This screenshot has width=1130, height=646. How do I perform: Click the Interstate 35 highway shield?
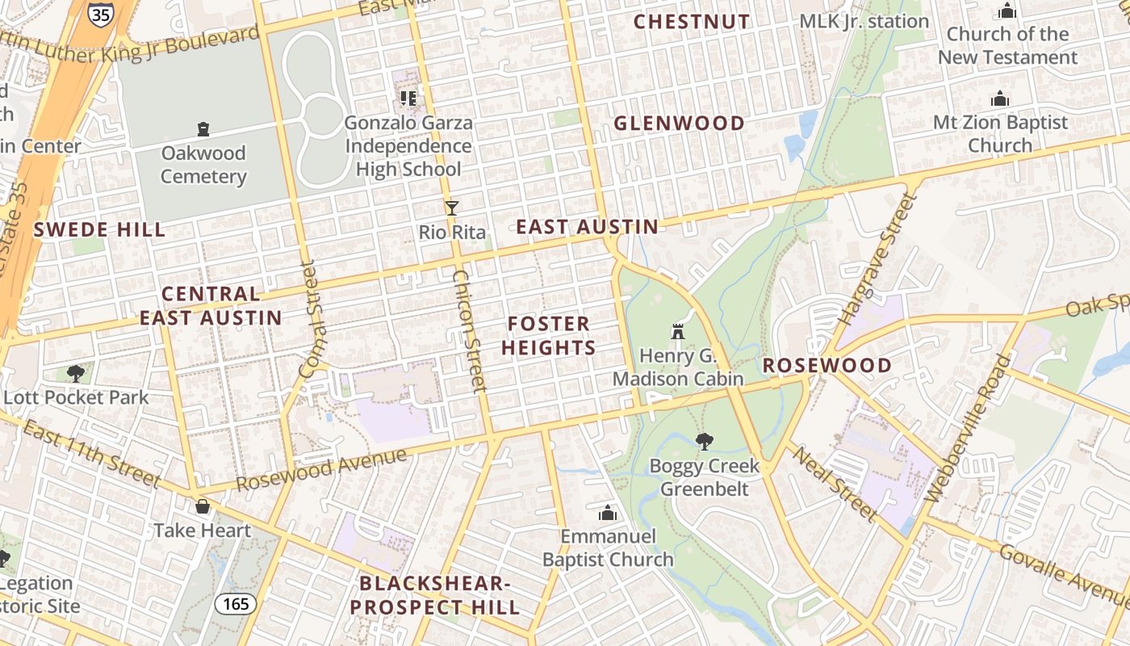[x=100, y=14]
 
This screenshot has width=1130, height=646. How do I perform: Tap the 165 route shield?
[x=236, y=603]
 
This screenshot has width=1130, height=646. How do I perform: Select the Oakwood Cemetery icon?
[x=203, y=129]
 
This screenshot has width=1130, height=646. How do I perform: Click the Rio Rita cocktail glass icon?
[x=452, y=208]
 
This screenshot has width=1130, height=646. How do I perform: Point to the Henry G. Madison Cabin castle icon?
[x=678, y=332]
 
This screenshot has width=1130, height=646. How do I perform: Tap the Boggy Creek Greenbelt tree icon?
[x=705, y=441]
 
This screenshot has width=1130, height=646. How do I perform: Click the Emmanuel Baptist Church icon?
[x=608, y=513]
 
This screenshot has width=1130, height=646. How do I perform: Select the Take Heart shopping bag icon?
[x=203, y=506]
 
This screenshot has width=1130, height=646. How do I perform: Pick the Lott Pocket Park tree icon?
[x=76, y=373]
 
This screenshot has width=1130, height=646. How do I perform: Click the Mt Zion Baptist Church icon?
[x=1000, y=99]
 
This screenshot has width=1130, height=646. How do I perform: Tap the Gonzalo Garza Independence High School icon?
[x=408, y=99]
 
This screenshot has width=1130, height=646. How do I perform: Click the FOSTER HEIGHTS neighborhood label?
[x=549, y=336]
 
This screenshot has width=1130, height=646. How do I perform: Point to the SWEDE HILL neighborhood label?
[x=99, y=229]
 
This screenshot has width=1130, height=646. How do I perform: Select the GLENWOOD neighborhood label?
[x=679, y=124]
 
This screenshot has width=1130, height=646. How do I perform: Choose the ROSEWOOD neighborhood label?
[x=827, y=365]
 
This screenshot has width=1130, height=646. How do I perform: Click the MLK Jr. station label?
[x=864, y=21]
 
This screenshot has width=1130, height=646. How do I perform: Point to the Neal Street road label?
[x=835, y=484]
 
